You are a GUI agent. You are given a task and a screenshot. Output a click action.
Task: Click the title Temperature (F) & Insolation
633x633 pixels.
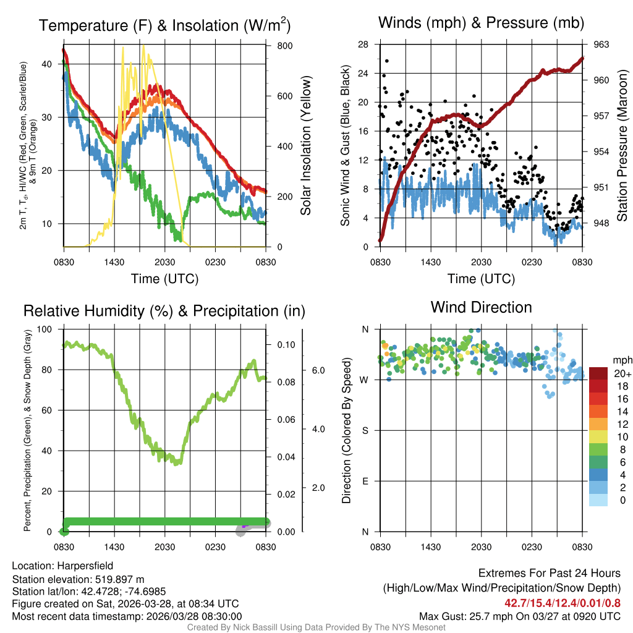[x=164, y=25]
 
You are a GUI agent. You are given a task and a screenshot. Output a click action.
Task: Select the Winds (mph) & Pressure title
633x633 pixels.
[x=481, y=23]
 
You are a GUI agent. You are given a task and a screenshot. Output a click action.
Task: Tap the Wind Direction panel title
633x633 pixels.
[x=481, y=307]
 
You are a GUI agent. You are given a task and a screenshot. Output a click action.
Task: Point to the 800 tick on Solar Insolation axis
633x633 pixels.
[x=285, y=46]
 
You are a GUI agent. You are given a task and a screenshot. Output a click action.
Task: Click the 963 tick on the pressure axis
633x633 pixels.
[x=601, y=45]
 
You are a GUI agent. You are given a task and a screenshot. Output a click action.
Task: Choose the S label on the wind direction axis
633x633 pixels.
[x=365, y=430]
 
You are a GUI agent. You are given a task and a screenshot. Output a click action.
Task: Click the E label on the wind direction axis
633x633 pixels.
[x=365, y=481]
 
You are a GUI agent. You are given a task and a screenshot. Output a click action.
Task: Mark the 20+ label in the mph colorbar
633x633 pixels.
[x=621, y=373]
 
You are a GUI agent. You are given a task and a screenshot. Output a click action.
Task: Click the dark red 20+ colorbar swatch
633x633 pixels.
[x=598, y=373]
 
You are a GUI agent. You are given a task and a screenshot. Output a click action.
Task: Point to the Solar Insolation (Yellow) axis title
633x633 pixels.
[x=306, y=146]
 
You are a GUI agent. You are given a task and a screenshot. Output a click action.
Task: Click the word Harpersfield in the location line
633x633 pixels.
[x=85, y=566]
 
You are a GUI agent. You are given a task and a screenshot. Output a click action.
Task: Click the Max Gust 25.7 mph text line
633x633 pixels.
[x=519, y=616]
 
